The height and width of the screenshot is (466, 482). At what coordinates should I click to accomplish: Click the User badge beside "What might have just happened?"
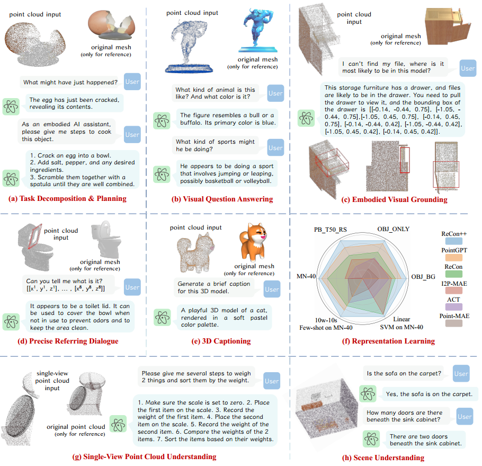(132, 82)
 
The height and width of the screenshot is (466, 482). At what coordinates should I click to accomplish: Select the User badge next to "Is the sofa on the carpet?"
(461, 374)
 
